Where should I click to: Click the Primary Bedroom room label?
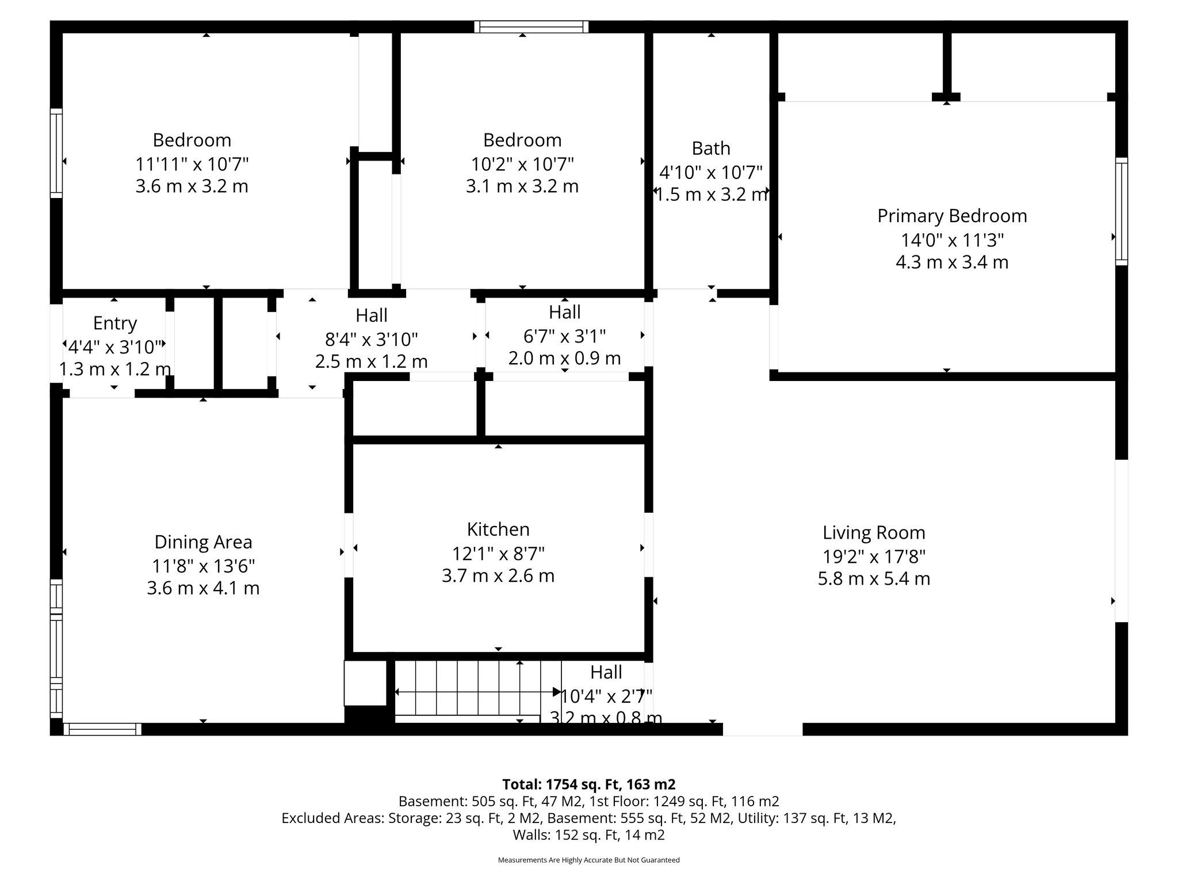pyautogui.click(x=952, y=216)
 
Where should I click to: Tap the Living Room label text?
pyautogui.click(x=874, y=533)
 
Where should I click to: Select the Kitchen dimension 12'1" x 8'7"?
pyautogui.click(x=498, y=554)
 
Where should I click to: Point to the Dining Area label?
pyautogui.click(x=203, y=542)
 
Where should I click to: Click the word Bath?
pyautogui.click(x=711, y=148)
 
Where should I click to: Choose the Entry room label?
pyautogui.click(x=115, y=323)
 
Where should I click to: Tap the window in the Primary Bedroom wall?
pyautogui.click(x=1122, y=211)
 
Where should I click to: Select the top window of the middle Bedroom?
pyautogui.click(x=531, y=26)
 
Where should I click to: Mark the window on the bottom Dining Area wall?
pyautogui.click(x=102, y=729)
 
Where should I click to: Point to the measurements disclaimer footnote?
pyautogui.click(x=589, y=860)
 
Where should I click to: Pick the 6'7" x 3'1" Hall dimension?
pyautogui.click(x=565, y=336)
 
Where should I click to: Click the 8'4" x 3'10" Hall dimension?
pyautogui.click(x=372, y=340)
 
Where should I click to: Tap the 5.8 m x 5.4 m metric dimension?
pyautogui.click(x=874, y=578)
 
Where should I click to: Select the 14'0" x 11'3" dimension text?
pyautogui.click(x=952, y=239)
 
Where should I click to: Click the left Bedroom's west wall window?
pyautogui.click(x=56, y=153)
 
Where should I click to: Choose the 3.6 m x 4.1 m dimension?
pyautogui.click(x=203, y=588)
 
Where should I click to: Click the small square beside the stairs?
pyautogui.click(x=365, y=683)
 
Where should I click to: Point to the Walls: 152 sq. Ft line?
pyautogui.click(x=589, y=835)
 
